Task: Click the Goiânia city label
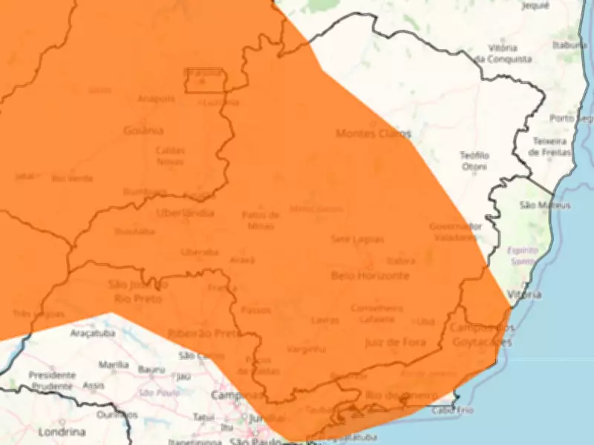pyautogui.click(x=143, y=131)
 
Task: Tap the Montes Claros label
pyautogui.click(x=373, y=133)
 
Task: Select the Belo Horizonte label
pyautogui.click(x=369, y=275)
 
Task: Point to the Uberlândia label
pyautogui.click(x=185, y=213)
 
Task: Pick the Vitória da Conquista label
pyautogui.click(x=503, y=52)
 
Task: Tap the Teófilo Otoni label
pyautogui.click(x=474, y=161)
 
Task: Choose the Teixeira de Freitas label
pyautogui.click(x=550, y=146)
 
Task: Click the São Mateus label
pyautogui.click(x=544, y=205)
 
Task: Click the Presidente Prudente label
pyautogui.click(x=52, y=380)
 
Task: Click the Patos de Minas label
pyautogui.click(x=261, y=220)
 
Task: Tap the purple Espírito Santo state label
pyautogui.click(x=523, y=256)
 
